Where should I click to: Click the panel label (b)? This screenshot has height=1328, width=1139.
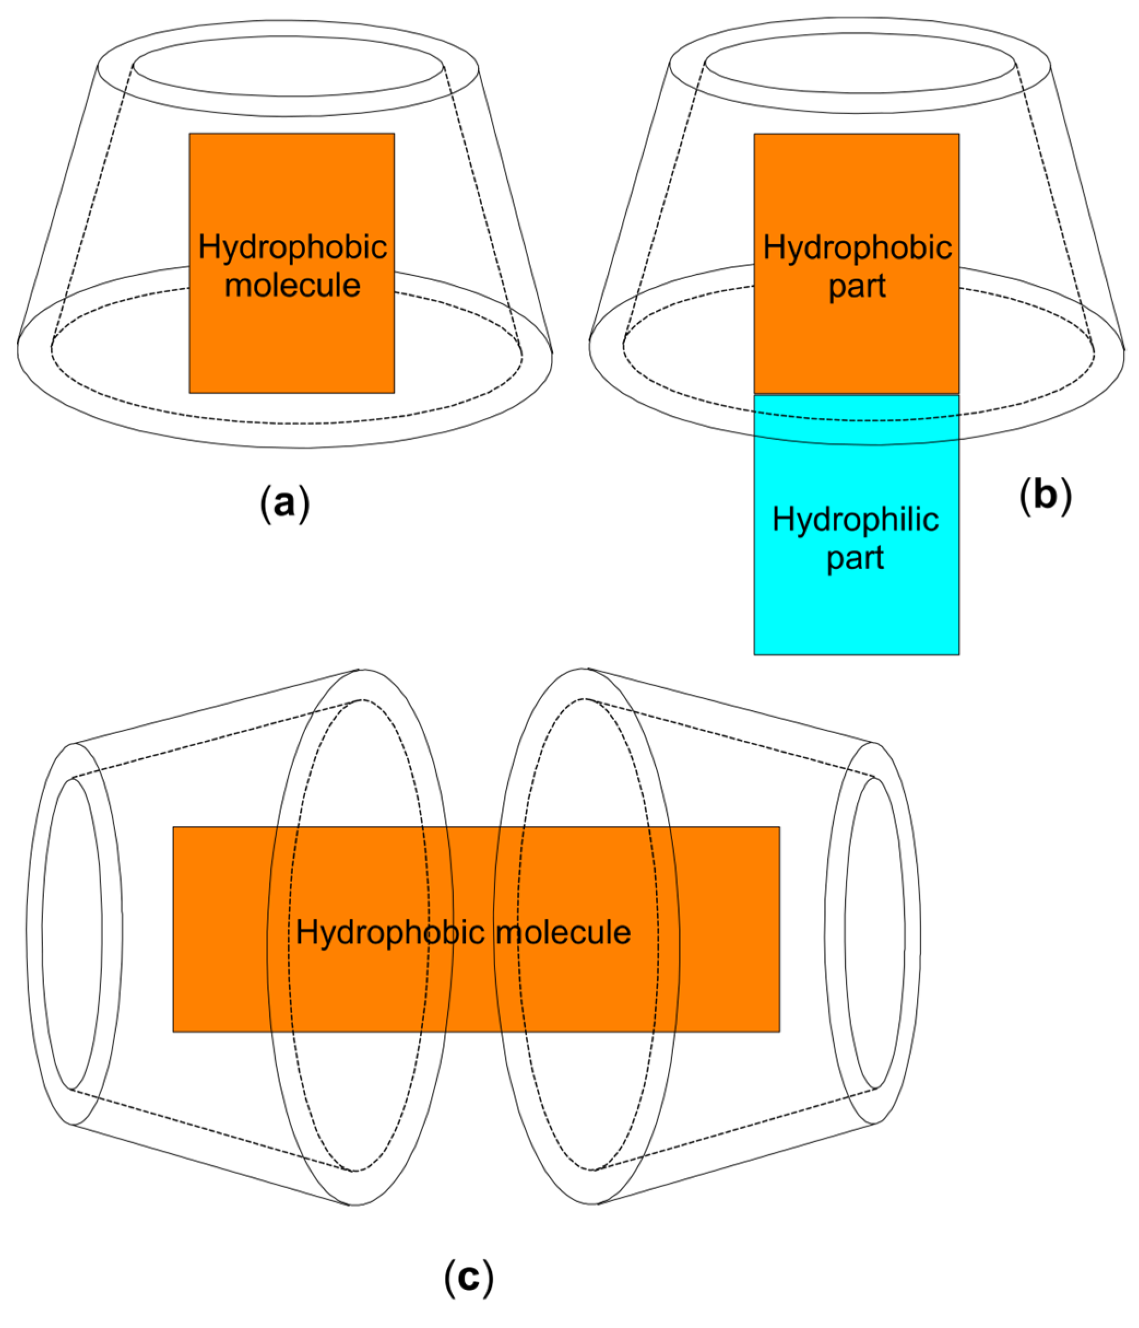[x=1045, y=495]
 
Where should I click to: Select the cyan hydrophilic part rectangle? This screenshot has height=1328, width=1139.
[x=856, y=609]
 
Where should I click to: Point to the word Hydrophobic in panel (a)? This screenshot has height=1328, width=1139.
[x=292, y=247]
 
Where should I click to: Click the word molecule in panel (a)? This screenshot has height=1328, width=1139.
[x=292, y=285]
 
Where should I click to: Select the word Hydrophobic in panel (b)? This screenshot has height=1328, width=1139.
[x=857, y=247]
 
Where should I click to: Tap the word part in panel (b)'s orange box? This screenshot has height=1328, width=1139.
[x=857, y=286]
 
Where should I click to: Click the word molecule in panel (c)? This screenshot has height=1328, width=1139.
[x=563, y=932]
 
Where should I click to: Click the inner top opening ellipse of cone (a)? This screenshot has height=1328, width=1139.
[x=288, y=66]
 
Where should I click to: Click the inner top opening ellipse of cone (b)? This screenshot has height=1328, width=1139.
[x=859, y=63]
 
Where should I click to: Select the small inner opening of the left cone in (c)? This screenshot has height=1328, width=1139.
[x=72, y=933]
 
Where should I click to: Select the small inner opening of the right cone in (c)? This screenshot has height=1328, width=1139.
[x=874, y=933]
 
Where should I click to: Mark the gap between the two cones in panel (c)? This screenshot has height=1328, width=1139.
[x=473, y=769]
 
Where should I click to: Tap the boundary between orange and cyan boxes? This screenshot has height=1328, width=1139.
[x=856, y=394]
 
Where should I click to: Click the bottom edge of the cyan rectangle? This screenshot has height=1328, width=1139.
[x=856, y=654]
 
